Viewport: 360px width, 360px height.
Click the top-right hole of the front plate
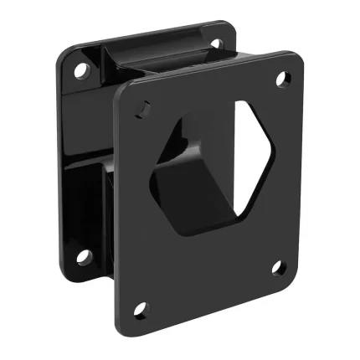pos(282,79)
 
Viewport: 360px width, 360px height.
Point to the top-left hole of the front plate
pos(143,107)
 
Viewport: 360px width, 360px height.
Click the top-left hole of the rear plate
pos(80,70)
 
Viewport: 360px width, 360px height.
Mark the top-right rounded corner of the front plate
pos(295,60)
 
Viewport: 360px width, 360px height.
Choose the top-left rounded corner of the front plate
pos(123,94)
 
